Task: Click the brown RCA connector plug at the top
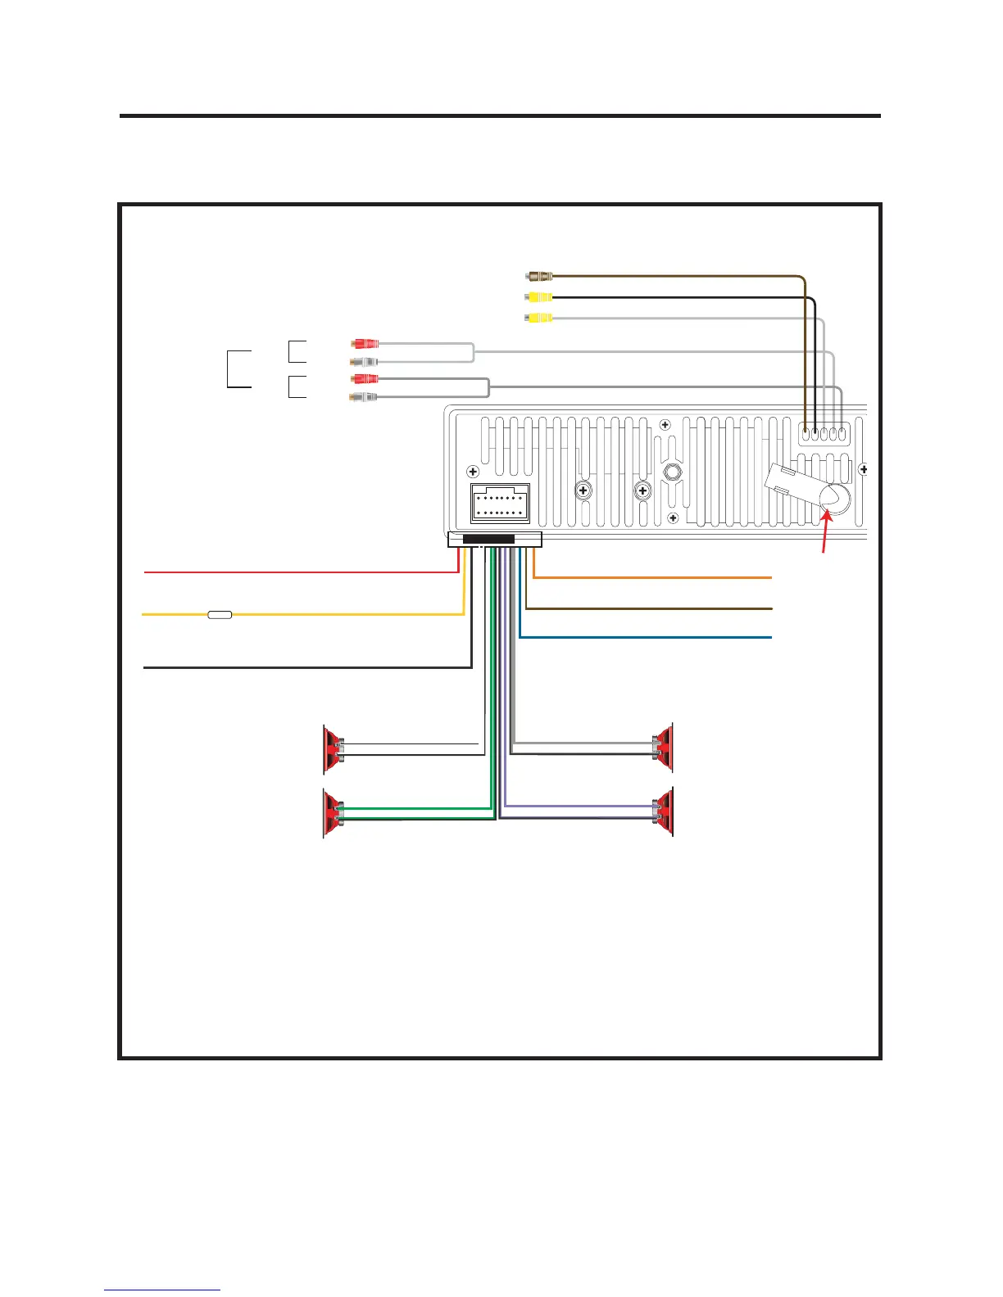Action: click(x=538, y=277)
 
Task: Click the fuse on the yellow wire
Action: click(x=220, y=613)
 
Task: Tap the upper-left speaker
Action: click(x=333, y=749)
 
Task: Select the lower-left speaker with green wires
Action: click(x=333, y=812)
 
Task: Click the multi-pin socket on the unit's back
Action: click(x=500, y=504)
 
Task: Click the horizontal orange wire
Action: click(x=656, y=578)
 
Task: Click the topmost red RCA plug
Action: click(x=365, y=344)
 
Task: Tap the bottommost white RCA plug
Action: click(x=364, y=397)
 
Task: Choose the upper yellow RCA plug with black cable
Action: click(x=538, y=297)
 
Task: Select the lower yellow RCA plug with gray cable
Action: click(x=538, y=318)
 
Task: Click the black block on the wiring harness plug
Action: click(x=488, y=540)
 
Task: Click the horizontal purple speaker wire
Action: click(x=578, y=807)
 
